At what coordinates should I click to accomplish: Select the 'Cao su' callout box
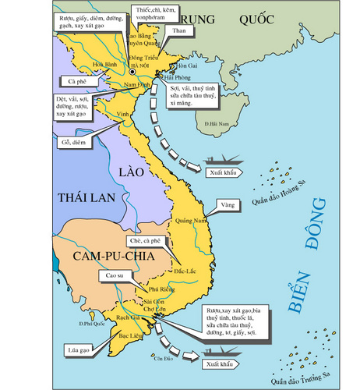114,275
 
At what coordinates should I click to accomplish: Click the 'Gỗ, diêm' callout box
72,142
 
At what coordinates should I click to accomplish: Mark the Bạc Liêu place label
127,332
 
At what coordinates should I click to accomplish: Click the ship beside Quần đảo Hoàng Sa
223,158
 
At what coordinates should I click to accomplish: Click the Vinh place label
122,114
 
